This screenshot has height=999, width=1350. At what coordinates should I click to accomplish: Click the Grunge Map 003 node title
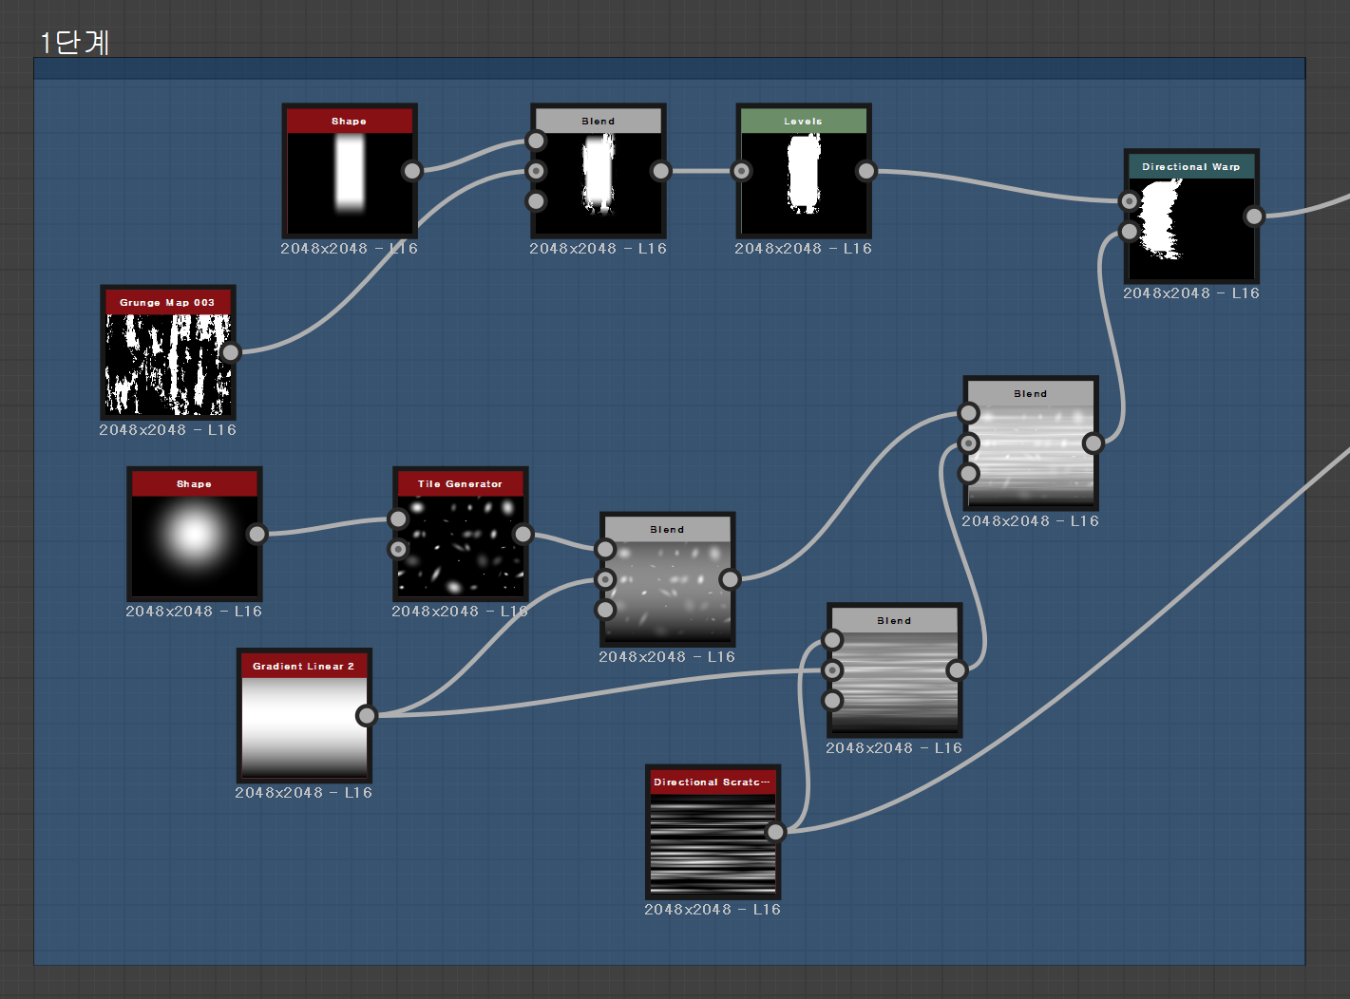coord(167,302)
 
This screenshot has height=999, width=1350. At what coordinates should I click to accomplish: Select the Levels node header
coord(803,121)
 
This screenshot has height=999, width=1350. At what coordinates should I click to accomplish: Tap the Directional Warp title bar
coord(1190,166)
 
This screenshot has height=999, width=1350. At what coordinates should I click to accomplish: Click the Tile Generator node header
coord(460,483)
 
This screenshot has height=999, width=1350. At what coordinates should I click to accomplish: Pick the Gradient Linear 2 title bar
coord(303,666)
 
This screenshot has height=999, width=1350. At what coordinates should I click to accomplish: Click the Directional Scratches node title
coord(712,782)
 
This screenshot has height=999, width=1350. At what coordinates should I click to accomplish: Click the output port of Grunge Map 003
coord(231,352)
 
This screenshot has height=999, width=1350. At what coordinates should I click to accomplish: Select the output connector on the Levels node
coord(865,171)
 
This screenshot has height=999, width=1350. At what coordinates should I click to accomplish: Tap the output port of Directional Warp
coord(1254,217)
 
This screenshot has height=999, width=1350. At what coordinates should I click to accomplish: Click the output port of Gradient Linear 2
coord(367,715)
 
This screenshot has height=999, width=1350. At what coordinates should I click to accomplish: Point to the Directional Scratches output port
coord(776,832)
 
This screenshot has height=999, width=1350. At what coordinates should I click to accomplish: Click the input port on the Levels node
coord(741,171)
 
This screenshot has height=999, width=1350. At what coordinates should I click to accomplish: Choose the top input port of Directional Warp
coord(1129,201)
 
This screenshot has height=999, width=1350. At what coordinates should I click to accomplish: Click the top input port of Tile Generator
coord(398,518)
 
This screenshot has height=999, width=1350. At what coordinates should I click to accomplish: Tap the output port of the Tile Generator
coord(523,534)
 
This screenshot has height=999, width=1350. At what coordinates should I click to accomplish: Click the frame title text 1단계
coord(74,43)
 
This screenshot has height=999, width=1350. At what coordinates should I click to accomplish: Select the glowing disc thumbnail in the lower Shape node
coord(194,534)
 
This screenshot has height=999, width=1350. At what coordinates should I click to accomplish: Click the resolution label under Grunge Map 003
coord(167,430)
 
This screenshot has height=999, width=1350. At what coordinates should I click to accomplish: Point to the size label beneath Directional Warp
coord(1190,293)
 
